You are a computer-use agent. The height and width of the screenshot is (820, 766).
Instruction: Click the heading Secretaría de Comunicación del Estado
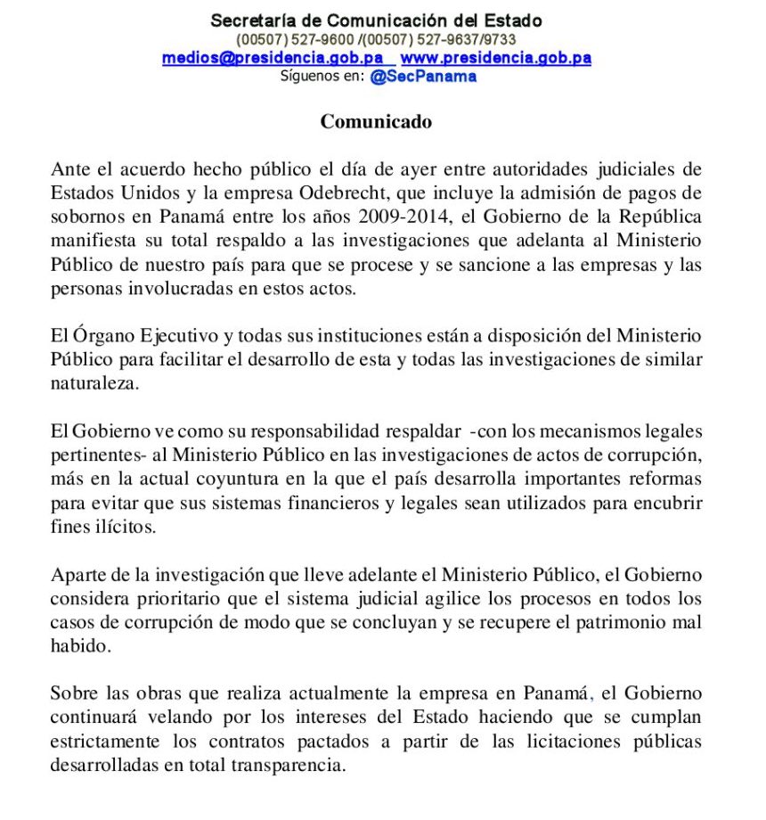pyautogui.click(x=376, y=20)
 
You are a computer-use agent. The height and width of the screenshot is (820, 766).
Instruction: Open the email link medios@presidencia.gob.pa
pyautogui.click(x=273, y=58)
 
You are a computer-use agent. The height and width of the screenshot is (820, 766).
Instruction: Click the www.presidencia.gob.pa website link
pyautogui.click(x=496, y=58)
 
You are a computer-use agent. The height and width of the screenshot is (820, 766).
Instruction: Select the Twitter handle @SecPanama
pyautogui.click(x=423, y=76)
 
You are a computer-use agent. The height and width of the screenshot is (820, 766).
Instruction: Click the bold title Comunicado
pyautogui.click(x=376, y=122)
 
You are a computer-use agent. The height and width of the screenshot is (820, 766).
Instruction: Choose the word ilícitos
pyautogui.click(x=125, y=527)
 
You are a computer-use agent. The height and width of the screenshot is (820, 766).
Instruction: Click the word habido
pyautogui.click(x=78, y=646)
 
